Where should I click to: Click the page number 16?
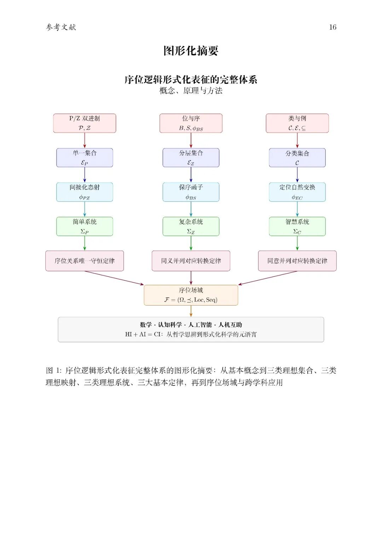332,27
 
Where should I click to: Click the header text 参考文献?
61,27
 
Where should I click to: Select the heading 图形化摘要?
191,51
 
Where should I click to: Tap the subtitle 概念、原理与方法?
191,91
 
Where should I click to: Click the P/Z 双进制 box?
85,123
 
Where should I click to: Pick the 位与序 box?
191,123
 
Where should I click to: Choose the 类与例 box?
297,123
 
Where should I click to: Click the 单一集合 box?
85,158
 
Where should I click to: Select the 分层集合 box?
191,158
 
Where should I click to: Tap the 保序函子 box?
191,192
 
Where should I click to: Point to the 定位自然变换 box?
297,192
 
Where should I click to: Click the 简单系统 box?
85,226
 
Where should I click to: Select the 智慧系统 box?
297,226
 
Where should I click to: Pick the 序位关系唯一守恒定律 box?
85,261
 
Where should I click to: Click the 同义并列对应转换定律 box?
191,261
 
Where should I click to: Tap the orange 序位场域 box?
191,295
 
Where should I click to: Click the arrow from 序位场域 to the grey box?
191,311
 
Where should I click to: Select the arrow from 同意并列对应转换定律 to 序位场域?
268,278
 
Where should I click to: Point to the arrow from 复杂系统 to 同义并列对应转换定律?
191,243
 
